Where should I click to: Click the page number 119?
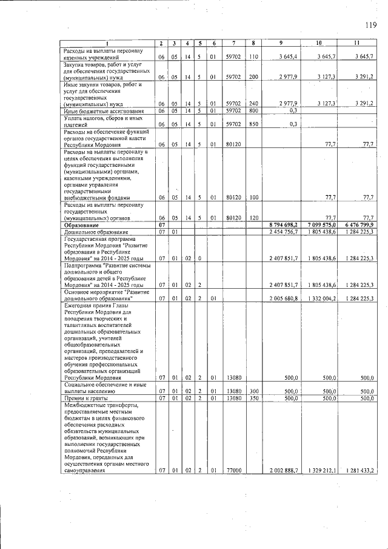(371, 25)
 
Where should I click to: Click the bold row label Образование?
(84, 224)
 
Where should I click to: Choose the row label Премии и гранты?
(84, 399)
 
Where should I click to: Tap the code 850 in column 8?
(253, 124)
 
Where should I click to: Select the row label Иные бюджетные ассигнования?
(104, 111)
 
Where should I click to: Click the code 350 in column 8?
(253, 399)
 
